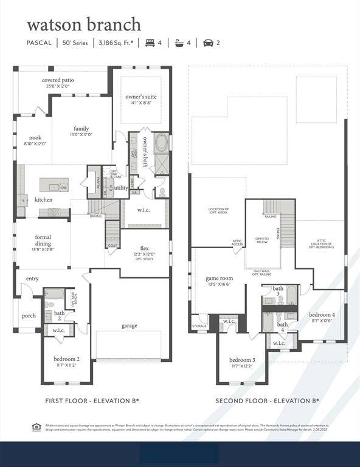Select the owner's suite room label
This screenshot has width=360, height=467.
pos(141,97)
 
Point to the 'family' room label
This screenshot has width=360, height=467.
pos(81,128)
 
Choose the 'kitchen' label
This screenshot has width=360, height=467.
pos(43,199)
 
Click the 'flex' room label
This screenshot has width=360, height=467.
pos(145,248)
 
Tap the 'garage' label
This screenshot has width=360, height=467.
pos(129,325)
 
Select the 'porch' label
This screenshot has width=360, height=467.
pos(29,316)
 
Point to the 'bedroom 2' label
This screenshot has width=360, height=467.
pos(66,359)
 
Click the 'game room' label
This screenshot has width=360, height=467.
pos(219,278)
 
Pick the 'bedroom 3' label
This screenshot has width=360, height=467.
pos(243,360)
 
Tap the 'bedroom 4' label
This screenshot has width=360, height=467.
pos(322,314)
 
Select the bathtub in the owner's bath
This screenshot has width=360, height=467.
pos(161,144)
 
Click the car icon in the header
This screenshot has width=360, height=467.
pos(208,43)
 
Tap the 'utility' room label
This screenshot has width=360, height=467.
pos(121,188)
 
